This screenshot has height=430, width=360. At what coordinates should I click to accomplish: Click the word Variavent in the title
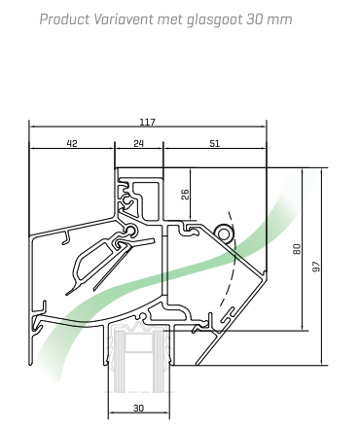(x=124, y=19)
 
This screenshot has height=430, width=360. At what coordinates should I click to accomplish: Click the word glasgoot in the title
(x=215, y=20)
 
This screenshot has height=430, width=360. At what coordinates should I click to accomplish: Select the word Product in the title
(x=64, y=19)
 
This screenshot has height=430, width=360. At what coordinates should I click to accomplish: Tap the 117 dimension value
(x=148, y=122)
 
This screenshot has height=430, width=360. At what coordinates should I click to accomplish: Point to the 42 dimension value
(x=72, y=143)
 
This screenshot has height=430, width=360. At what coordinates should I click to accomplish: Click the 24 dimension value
(x=138, y=143)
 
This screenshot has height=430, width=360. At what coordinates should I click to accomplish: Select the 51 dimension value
(x=214, y=143)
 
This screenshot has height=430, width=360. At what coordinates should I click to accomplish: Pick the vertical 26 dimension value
(x=185, y=195)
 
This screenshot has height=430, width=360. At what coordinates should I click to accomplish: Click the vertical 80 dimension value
(x=297, y=249)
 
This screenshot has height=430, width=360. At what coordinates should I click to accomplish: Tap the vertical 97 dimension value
(x=316, y=267)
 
